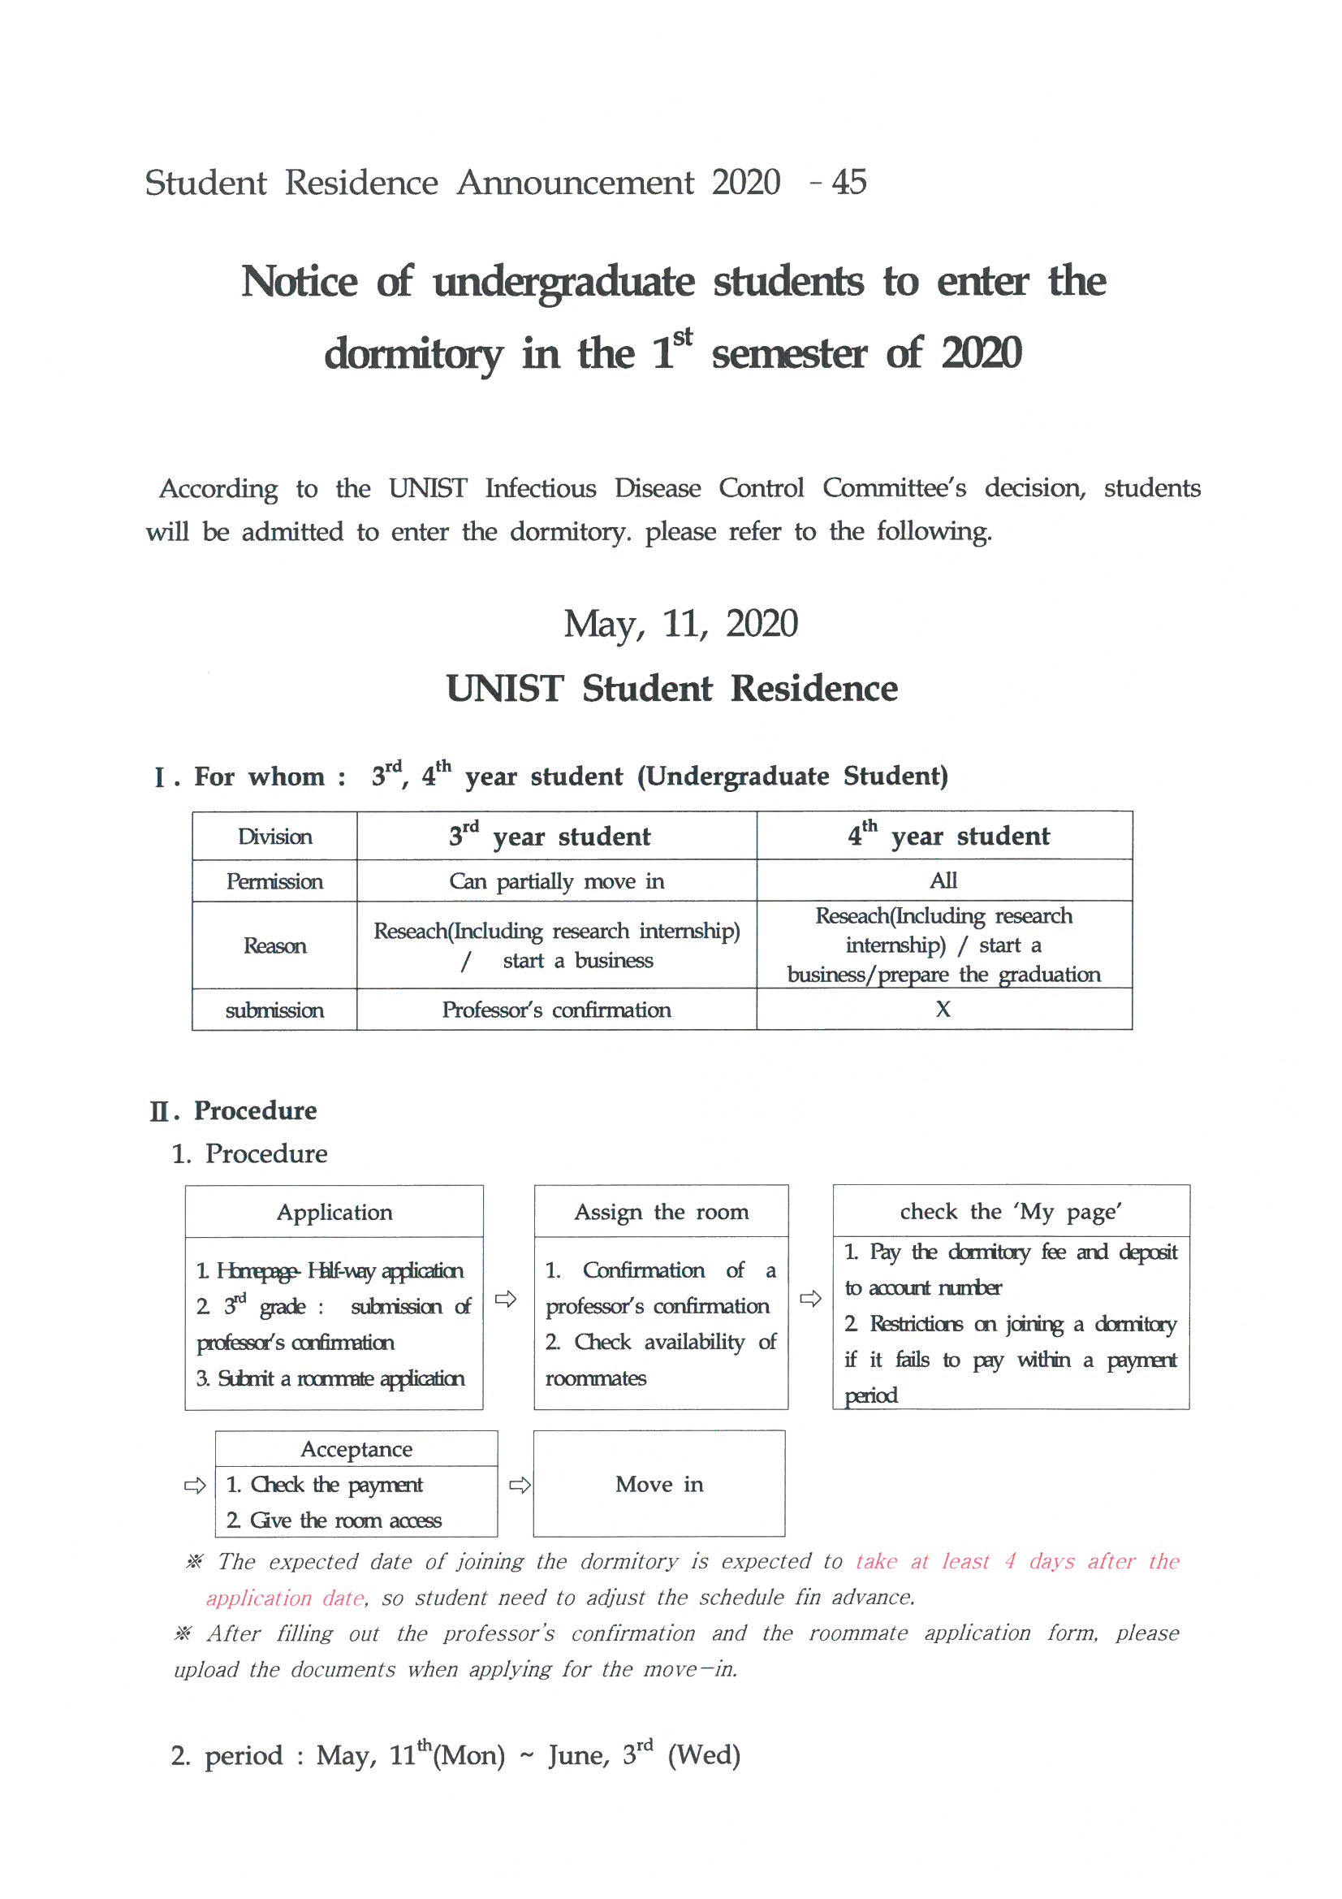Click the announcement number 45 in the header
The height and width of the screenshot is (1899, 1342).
point(849,182)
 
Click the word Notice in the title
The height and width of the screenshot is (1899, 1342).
point(300,281)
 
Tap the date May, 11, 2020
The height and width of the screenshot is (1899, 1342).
point(680,624)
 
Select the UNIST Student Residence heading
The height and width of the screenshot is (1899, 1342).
point(671,688)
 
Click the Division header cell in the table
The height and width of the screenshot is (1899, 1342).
point(274,836)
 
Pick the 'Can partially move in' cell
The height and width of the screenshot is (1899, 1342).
point(556,880)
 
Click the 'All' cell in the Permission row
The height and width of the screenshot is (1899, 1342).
point(943,880)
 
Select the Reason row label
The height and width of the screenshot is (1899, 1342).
point(274,945)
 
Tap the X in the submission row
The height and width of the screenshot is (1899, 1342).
point(943,1009)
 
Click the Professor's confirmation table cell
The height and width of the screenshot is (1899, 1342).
point(556,1010)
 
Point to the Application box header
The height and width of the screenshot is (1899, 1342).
point(334,1212)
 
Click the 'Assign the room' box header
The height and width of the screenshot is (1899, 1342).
point(661,1212)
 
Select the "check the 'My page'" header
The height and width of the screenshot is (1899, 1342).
point(1011,1211)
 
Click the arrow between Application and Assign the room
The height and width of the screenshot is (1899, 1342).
point(506,1299)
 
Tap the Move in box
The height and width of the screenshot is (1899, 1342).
point(659,1484)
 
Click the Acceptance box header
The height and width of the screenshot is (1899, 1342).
point(356,1449)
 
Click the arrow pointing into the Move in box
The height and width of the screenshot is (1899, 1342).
point(520,1486)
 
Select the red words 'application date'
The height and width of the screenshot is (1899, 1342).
point(285,1598)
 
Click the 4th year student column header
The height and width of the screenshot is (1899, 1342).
point(948,835)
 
